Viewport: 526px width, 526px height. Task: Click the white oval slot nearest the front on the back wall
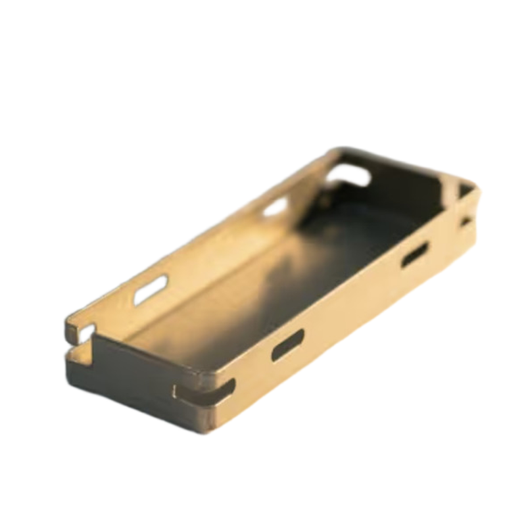pyautogui.click(x=151, y=289)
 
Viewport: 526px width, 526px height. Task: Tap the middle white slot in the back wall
pyautogui.click(x=276, y=206)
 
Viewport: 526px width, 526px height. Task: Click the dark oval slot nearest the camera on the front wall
pyautogui.click(x=288, y=345)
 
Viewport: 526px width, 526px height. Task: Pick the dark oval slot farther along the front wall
pyautogui.click(x=415, y=254)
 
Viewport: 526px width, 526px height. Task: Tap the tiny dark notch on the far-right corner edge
pyautogui.click(x=466, y=222)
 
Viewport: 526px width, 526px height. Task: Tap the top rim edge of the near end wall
pyautogui.click(x=145, y=348)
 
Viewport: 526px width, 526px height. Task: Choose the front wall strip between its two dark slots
pyautogui.click(x=352, y=299)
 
